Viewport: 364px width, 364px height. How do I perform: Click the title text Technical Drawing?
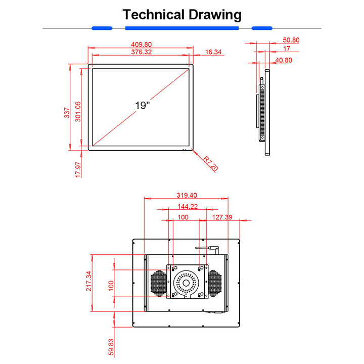click(182, 15)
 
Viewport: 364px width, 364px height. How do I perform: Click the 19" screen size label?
click(142, 106)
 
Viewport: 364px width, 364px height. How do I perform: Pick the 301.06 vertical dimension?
click(77, 110)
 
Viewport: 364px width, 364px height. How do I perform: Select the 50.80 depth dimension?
click(291, 40)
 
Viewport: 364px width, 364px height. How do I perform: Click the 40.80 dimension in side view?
click(283, 60)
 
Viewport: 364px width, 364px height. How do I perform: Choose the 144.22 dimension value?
click(187, 207)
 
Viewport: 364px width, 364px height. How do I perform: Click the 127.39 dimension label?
click(222, 217)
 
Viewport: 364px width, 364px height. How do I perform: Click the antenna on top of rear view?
click(207, 249)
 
